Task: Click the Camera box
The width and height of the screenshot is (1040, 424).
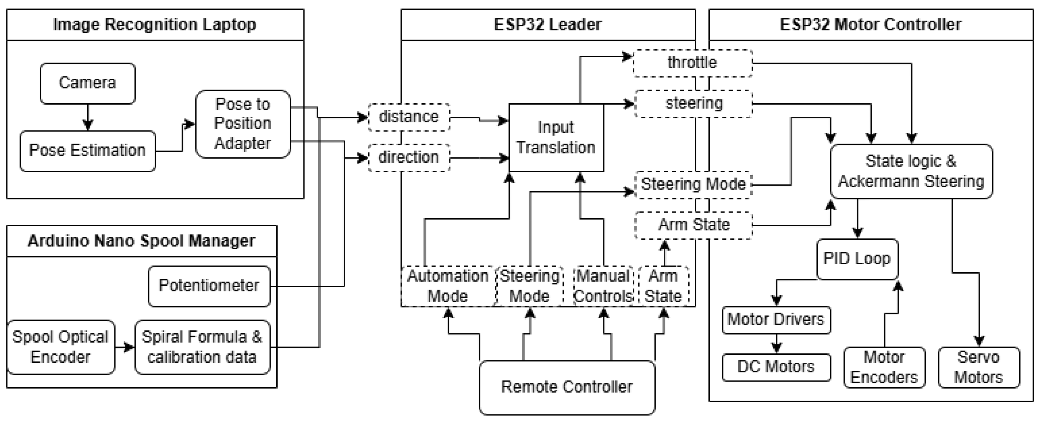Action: point(88,83)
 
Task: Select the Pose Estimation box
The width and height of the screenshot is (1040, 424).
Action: point(88,151)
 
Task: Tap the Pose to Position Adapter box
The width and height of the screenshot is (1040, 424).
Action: point(243,124)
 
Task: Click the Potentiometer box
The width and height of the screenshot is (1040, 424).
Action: point(209,286)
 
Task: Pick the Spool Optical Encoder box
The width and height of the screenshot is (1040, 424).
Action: point(60,347)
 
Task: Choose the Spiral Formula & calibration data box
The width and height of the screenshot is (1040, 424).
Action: point(202,347)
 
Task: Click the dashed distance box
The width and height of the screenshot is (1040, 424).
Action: point(409,117)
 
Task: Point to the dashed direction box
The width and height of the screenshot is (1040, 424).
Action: point(409,157)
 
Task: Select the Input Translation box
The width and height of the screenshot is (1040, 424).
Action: point(556,138)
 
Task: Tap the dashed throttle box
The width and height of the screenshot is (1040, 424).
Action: point(692,63)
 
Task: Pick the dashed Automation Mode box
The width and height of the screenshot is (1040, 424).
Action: point(447,286)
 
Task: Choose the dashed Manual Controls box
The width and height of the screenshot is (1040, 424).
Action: point(603,286)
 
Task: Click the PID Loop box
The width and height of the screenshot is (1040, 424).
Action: point(857,259)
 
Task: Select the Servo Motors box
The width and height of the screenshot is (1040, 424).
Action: point(978,367)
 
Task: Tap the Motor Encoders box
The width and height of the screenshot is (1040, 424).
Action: point(884,367)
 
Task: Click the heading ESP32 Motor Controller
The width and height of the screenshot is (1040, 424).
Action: point(870,25)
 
